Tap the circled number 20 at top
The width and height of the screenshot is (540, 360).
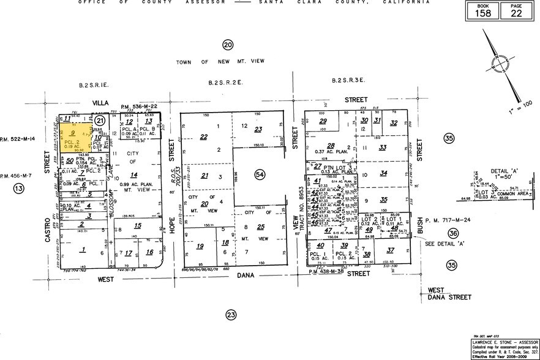(x=228, y=45)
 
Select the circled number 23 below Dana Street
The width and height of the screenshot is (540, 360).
(x=231, y=315)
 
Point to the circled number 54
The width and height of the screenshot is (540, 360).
(x=260, y=175)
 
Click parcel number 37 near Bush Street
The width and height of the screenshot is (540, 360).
(x=390, y=249)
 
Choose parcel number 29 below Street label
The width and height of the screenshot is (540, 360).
(x=323, y=121)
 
